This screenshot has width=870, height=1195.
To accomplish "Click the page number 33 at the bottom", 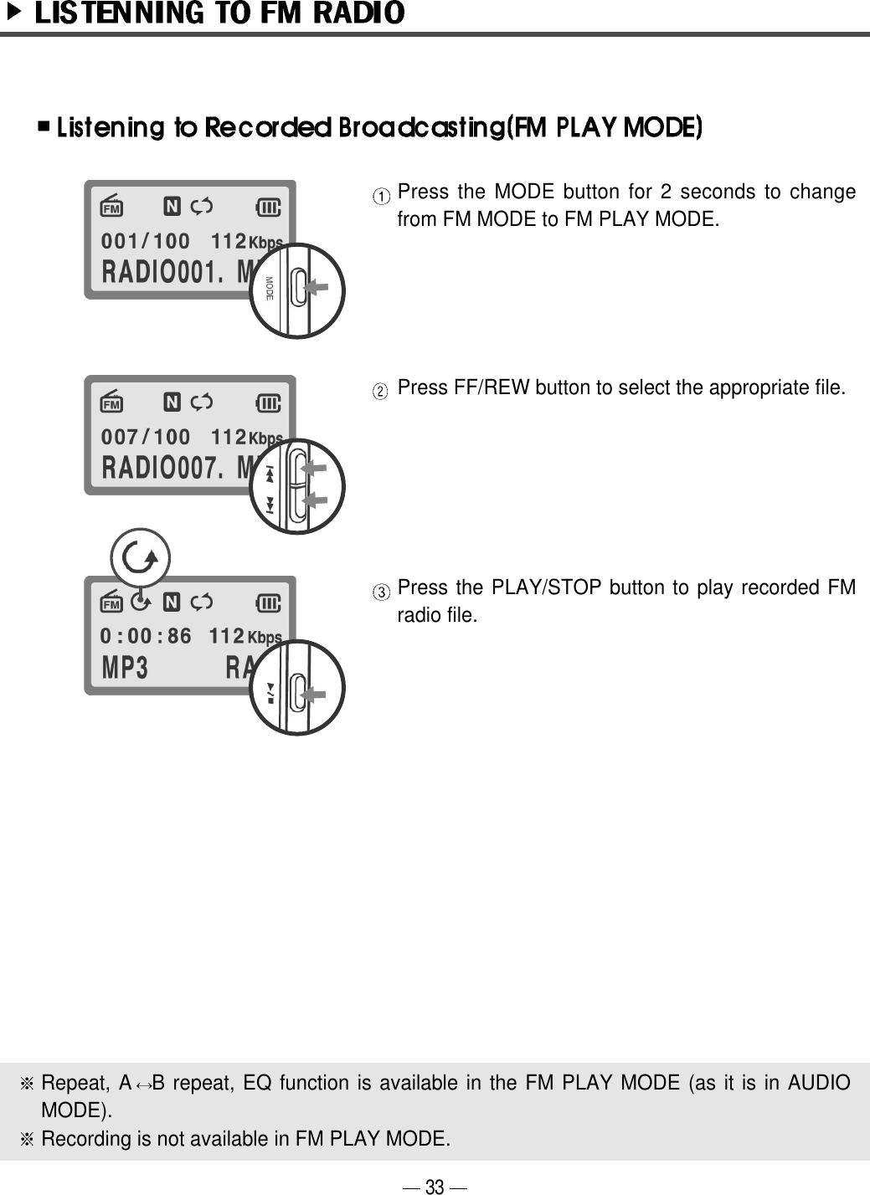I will coord(435,1186).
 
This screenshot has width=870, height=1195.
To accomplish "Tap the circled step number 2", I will coord(381,391).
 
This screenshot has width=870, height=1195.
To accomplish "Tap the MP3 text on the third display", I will coord(125,669).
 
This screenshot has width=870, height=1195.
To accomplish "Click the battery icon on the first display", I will coord(268,207).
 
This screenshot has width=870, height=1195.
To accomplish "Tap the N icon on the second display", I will coord(172,403).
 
